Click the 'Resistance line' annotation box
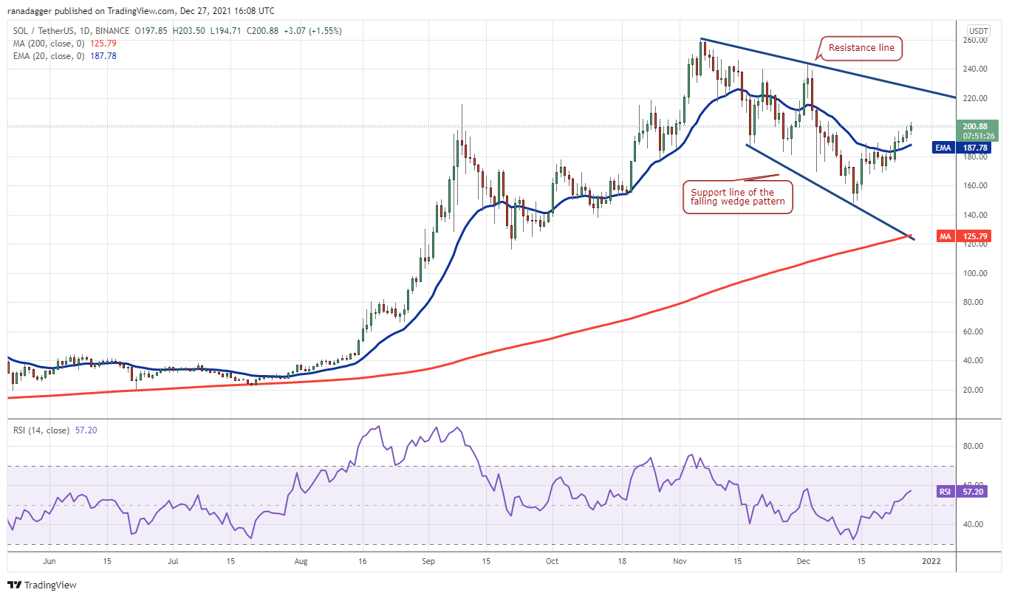click(861, 48)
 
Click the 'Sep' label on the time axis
click(429, 561)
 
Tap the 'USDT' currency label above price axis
click(979, 31)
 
